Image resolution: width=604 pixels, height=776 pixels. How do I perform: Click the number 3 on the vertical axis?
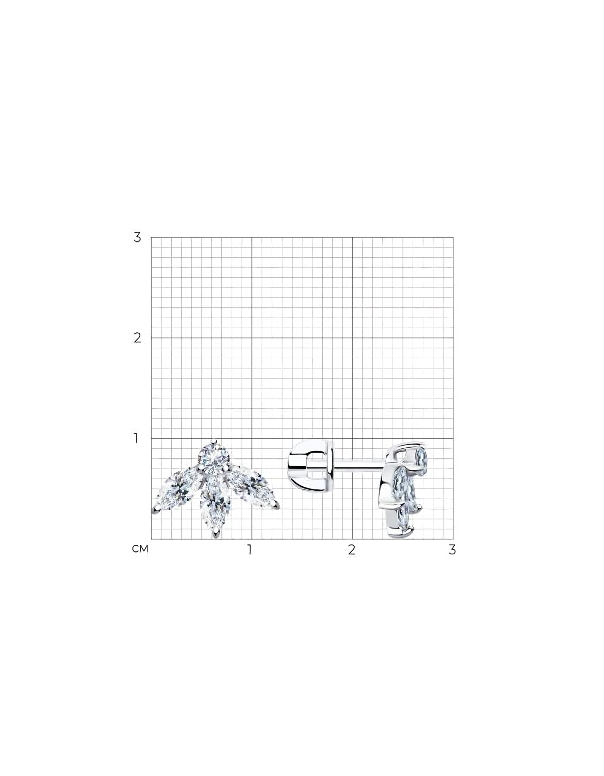coord(137,237)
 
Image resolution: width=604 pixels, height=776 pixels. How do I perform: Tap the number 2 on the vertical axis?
coord(137,338)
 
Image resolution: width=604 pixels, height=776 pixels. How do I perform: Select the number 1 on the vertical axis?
coord(136,438)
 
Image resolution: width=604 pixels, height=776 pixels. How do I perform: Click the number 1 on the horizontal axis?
coord(249,550)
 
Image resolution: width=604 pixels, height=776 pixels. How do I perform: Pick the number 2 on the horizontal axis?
coord(352,550)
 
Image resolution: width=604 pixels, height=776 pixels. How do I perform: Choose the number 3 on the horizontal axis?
coord(452,550)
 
